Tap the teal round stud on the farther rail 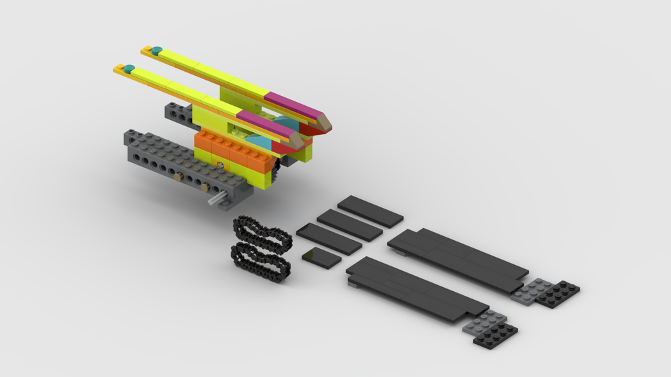pyautogui.click(x=156, y=50)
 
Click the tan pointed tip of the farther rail pyautogui.click(x=324, y=121)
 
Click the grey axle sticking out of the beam pyautogui.click(x=217, y=199)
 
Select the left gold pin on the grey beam pyautogui.click(x=178, y=177)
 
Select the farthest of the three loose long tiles pyautogui.click(x=370, y=211)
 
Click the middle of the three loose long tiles pyautogui.click(x=349, y=225)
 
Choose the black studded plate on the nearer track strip pyautogui.click(x=496, y=335)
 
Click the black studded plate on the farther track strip pyautogui.click(x=558, y=293)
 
